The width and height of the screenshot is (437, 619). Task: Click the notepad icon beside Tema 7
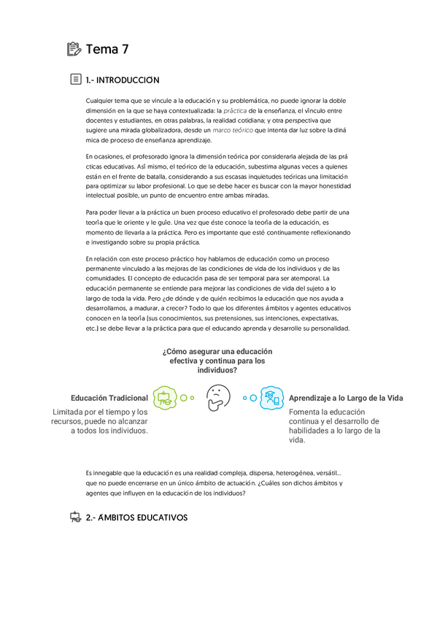point(74,50)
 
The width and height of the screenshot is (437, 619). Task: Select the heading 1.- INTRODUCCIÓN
point(123,80)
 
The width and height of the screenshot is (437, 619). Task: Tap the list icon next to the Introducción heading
point(75,80)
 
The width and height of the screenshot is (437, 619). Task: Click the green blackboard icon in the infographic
point(165,398)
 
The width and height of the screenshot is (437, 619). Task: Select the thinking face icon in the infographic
point(217,398)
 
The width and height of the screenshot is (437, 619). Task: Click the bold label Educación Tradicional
point(109,398)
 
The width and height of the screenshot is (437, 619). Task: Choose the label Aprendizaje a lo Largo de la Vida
point(346,398)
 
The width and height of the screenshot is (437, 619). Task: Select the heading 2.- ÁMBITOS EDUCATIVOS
point(136,518)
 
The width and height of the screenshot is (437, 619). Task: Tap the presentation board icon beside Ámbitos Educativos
point(74,518)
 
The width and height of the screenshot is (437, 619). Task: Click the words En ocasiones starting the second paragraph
point(105,156)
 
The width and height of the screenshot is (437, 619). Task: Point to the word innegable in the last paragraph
point(117,473)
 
